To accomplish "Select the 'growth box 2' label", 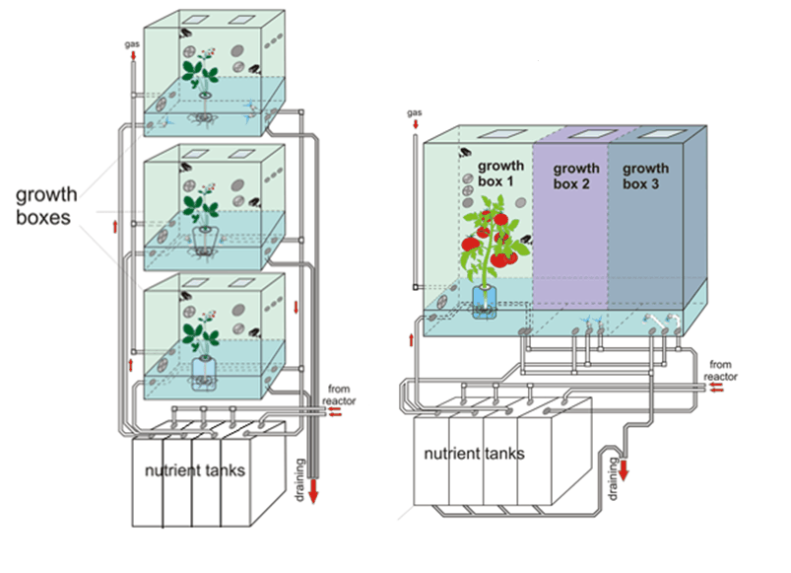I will (x=576, y=176).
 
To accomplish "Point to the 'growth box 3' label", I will (x=645, y=176).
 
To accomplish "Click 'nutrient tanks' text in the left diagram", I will (x=194, y=470).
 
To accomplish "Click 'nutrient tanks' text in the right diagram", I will (x=474, y=455).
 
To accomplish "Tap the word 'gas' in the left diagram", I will (x=131, y=44).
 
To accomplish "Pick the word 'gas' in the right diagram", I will (x=414, y=112).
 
